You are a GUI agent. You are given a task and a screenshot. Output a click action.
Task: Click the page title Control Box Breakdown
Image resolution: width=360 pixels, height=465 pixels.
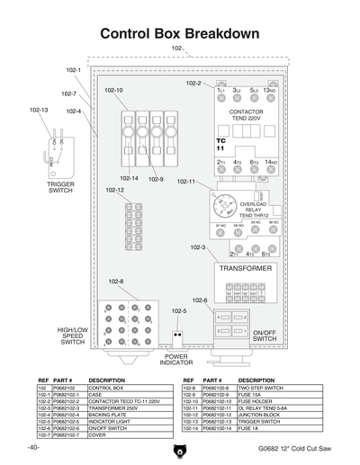(180, 33)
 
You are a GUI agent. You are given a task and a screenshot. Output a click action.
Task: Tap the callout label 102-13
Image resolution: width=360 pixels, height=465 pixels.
(39, 110)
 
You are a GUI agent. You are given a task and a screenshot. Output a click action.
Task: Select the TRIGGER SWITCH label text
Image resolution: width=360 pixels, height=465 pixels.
(60, 187)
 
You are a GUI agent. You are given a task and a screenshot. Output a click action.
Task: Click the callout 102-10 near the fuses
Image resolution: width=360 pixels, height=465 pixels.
(114, 90)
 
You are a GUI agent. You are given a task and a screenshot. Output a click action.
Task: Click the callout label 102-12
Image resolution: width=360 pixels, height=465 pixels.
(114, 190)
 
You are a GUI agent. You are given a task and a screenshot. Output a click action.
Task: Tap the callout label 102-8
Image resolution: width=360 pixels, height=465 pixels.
(117, 282)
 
